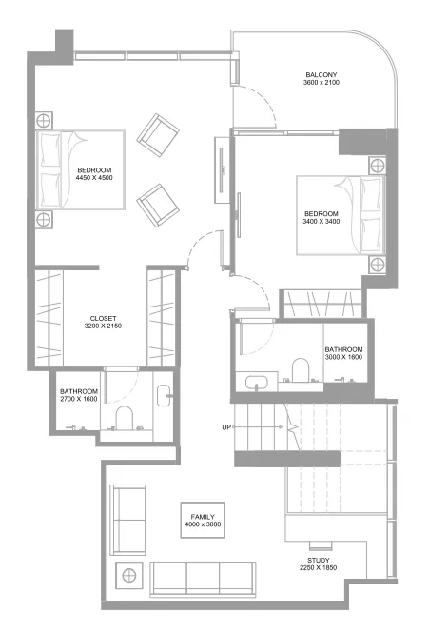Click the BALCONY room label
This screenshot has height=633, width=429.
(321, 75)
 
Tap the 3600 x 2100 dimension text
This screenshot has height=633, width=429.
(321, 84)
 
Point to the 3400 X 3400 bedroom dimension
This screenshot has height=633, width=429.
(321, 222)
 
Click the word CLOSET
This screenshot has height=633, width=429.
(104, 318)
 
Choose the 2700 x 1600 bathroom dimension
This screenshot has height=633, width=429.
(79, 400)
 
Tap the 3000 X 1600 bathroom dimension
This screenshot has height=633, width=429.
(343, 358)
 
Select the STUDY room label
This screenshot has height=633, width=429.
(319, 561)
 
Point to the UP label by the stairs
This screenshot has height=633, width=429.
(227, 427)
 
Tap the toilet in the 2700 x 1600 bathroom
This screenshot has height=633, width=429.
(124, 417)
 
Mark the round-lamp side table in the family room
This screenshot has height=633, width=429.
(127, 575)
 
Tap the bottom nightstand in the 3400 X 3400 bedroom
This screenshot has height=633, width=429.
(377, 263)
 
